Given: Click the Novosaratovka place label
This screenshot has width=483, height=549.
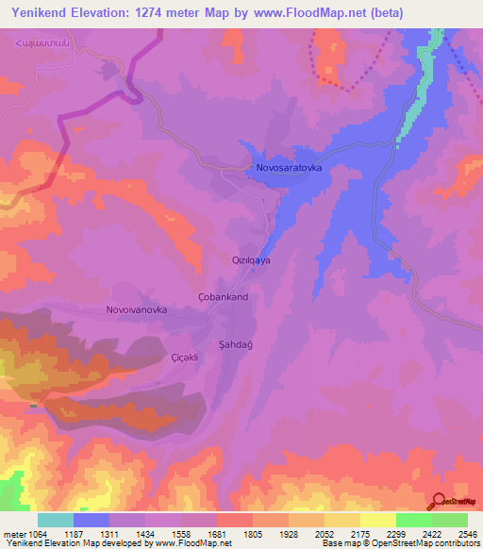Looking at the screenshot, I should click(289, 168).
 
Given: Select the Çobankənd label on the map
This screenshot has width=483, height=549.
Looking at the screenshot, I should click(223, 297).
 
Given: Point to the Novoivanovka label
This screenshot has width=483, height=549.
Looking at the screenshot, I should click(137, 309).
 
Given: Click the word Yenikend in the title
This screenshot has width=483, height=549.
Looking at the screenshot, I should click(39, 13).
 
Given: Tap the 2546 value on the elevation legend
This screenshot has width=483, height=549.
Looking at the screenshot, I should click(466, 534).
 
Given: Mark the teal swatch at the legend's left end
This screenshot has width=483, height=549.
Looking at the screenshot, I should click(55, 520).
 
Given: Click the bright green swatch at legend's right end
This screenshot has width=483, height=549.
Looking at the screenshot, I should click(449, 520).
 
